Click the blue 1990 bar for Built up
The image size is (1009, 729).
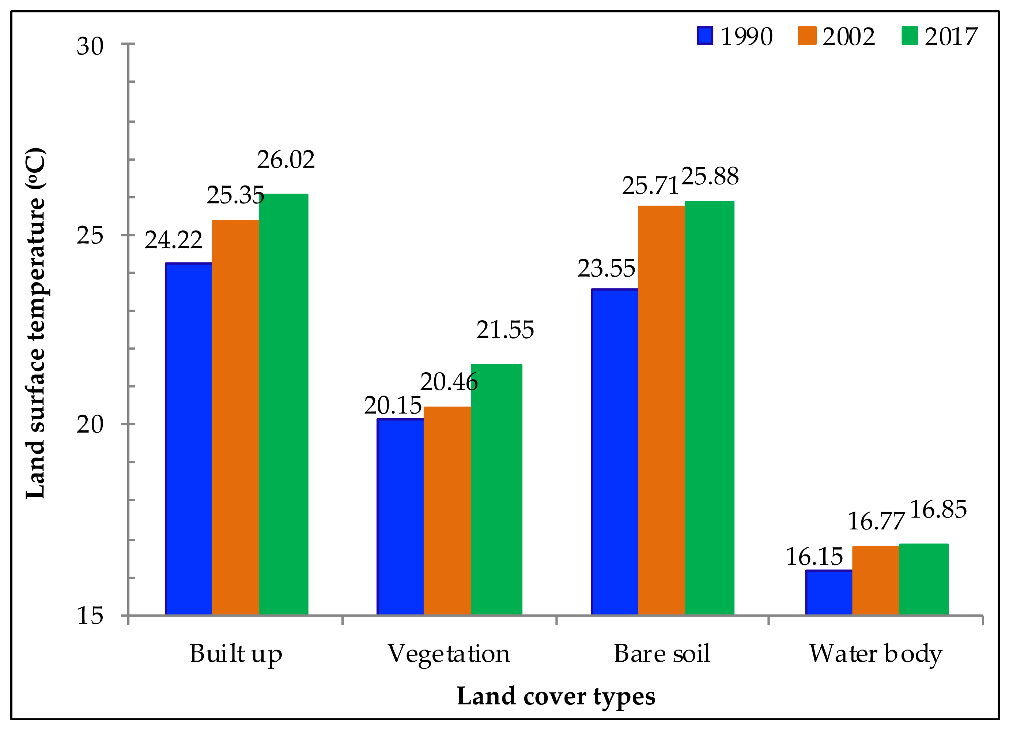coord(189,439)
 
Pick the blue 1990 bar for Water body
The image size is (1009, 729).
coord(828,592)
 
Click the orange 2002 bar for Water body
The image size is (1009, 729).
coord(876,580)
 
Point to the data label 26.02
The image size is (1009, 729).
coord(286,160)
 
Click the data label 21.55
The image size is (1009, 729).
coord(504,330)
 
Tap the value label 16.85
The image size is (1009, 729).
coord(938,509)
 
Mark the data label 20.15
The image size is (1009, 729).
coord(392,405)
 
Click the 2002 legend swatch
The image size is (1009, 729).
coord(807,35)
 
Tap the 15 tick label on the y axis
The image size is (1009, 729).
coord(90,616)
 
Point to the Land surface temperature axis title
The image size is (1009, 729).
coord(35,323)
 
